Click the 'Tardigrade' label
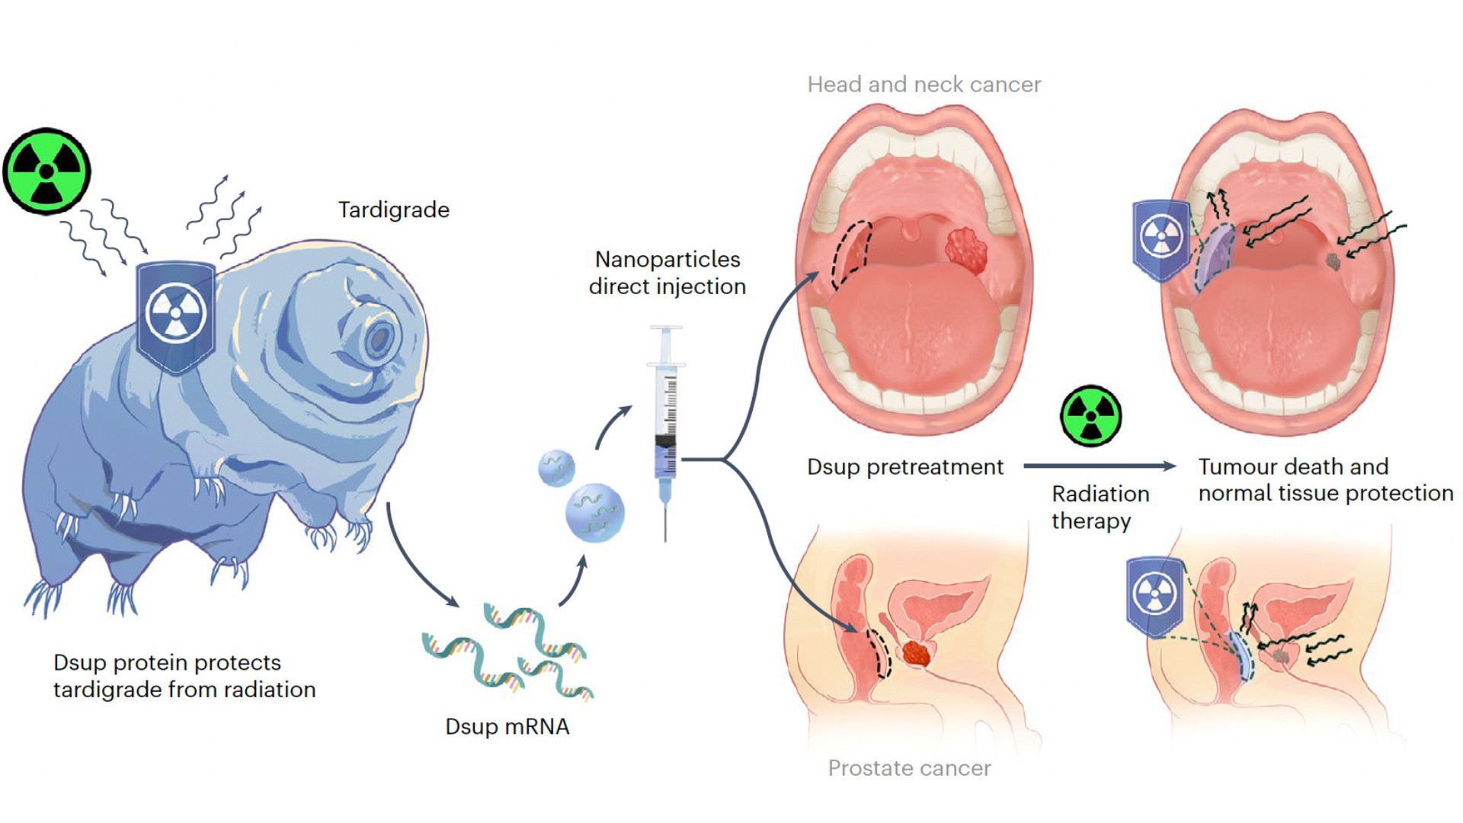point(393,210)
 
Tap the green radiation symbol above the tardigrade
point(46,171)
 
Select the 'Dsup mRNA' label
point(507,726)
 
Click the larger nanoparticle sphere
point(594,512)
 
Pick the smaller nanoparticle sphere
point(556,468)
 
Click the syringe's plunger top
point(666,329)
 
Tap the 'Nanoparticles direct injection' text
point(667,272)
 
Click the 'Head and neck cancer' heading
point(924,85)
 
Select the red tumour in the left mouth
point(966,250)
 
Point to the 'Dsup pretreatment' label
point(905,466)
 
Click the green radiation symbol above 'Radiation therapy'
point(1091,416)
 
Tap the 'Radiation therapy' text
point(1100,507)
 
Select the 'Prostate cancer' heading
point(909,768)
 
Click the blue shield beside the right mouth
point(1160,237)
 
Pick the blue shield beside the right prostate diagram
point(1154,595)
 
